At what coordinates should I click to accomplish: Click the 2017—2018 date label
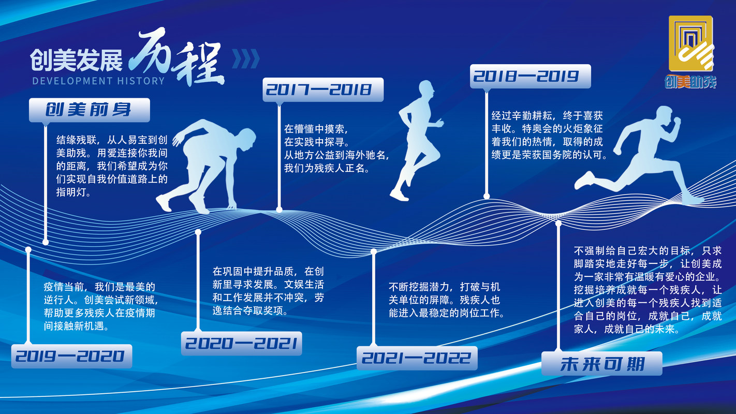point(323,90)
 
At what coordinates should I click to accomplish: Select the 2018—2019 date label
point(531,76)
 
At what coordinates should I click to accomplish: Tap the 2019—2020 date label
point(71,356)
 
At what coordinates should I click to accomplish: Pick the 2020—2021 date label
point(242,343)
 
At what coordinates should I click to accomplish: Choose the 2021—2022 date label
point(417,358)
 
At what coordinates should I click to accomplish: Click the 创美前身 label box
point(90,110)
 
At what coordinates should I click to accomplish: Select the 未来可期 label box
point(602,363)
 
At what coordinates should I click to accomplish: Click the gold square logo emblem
point(691,43)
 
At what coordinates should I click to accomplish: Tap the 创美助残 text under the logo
point(690,81)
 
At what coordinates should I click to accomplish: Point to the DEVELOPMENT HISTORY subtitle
point(98,81)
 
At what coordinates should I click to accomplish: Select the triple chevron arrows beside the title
point(246,59)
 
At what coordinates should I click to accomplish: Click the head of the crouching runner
point(246,139)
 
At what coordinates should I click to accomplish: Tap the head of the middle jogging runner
point(426,89)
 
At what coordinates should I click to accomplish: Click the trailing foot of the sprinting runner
point(584,181)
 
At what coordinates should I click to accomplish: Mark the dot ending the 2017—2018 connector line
point(279,210)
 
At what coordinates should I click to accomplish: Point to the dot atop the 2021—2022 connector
point(374,252)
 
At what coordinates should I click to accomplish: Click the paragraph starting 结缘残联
point(112,166)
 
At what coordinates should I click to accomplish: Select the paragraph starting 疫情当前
point(101,306)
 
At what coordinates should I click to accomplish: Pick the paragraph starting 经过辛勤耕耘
point(549,135)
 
